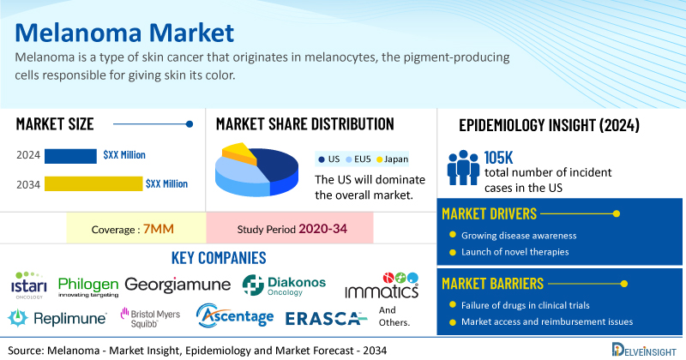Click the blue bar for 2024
click(x=70, y=156)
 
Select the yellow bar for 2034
click(x=93, y=183)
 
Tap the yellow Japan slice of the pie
click(x=238, y=153)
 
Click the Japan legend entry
click(x=393, y=159)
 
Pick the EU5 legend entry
click(x=358, y=159)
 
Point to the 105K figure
click(x=498, y=158)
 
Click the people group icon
click(x=463, y=167)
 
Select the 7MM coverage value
click(x=159, y=229)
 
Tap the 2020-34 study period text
click(x=323, y=229)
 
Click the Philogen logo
click(x=88, y=287)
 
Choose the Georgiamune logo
click(x=178, y=285)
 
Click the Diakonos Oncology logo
click(x=285, y=285)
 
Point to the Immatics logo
click(x=382, y=285)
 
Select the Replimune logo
click(x=57, y=318)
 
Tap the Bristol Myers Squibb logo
click(x=150, y=318)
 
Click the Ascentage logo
click(x=235, y=315)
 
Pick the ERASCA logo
click(x=326, y=319)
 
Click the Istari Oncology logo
click(x=29, y=285)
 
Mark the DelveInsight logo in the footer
click(x=644, y=350)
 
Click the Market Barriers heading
click(x=492, y=284)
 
